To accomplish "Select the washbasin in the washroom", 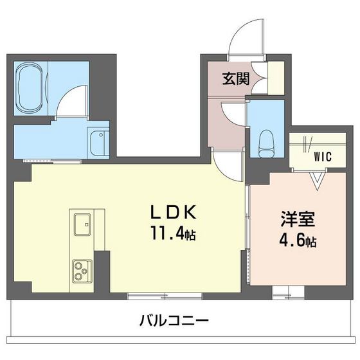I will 98,142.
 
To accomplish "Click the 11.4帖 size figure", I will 173,235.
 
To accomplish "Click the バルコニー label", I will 174,319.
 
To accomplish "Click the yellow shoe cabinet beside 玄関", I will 275,78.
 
